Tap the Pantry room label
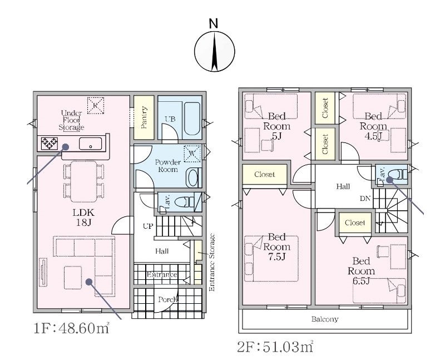(144, 117)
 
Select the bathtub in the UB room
(192, 119)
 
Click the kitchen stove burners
(50, 144)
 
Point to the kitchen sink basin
(90, 144)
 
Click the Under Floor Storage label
(71, 120)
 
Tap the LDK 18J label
(83, 217)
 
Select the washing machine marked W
(192, 154)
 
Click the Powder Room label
(168, 166)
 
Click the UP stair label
(148, 226)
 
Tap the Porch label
(168, 299)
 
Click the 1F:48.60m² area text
(72, 328)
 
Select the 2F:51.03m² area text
(275, 347)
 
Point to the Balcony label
(325, 319)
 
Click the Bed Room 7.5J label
(276, 246)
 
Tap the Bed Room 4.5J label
(373, 126)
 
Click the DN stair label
(365, 199)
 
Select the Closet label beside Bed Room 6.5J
(355, 223)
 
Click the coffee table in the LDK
(73, 278)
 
